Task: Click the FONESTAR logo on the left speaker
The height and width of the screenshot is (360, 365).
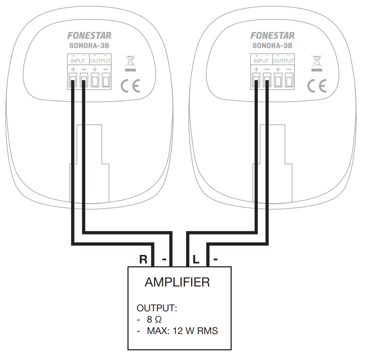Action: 89,35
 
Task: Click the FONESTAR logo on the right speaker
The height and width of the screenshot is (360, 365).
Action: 272,35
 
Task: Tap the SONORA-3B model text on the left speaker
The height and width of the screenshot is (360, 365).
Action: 89,46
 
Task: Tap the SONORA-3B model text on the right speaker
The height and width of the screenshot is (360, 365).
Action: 272,46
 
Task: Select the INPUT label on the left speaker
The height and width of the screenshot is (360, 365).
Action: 78,61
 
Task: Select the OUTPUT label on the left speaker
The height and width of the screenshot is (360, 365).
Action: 100,61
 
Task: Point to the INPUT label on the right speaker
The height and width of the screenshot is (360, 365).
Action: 261,61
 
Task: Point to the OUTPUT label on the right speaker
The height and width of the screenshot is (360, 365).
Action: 283,61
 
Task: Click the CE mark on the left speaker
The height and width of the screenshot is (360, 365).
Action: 130,86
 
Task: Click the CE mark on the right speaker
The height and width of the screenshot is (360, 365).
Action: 317,86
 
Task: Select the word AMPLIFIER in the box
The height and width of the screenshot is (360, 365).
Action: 177,282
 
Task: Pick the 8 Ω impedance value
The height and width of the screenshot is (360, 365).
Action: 154,320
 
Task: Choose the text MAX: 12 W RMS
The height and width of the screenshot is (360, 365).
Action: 182,331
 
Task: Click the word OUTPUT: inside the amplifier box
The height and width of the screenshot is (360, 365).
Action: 157,308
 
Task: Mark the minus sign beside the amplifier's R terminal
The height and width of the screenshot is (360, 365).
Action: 164,259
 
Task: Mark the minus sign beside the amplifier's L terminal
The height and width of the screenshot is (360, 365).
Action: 215,259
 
